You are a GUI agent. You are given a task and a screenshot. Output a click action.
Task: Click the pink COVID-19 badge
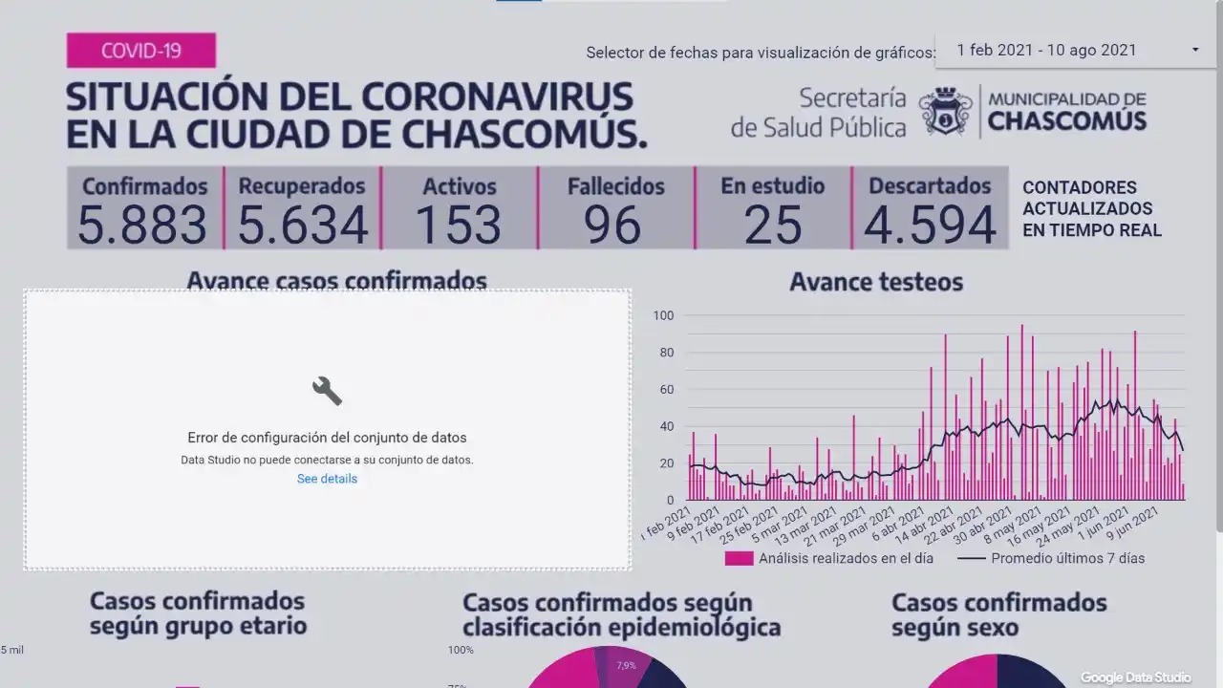coord(141,51)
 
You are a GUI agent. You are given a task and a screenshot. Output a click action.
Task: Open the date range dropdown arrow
coord(1195,50)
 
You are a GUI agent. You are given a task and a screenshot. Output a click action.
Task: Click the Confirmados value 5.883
coord(142,226)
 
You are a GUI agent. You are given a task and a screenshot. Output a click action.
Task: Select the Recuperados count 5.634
coord(302,226)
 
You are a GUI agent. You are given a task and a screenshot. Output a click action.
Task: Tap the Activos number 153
coord(459,226)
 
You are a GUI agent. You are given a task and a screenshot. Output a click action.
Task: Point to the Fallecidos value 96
coord(613,226)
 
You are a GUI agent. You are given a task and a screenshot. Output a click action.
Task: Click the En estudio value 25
coord(772,226)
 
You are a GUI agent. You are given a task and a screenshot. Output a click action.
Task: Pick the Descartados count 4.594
coord(930,226)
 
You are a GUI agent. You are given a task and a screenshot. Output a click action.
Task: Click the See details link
coord(327,479)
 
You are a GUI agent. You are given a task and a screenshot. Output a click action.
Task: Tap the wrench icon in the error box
coord(327,390)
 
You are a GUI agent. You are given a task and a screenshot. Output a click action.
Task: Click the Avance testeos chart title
coord(876,282)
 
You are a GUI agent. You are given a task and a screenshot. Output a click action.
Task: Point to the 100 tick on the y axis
coord(663,316)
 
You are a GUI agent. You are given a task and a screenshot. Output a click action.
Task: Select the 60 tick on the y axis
coord(665,390)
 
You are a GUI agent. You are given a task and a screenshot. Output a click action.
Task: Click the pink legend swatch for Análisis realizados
coord(739,558)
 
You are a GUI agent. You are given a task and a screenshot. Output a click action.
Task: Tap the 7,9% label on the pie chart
coord(626,666)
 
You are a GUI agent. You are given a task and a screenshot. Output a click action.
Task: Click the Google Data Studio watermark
coord(1136,677)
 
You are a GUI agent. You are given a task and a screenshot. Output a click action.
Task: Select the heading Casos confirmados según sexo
coord(998,614)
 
